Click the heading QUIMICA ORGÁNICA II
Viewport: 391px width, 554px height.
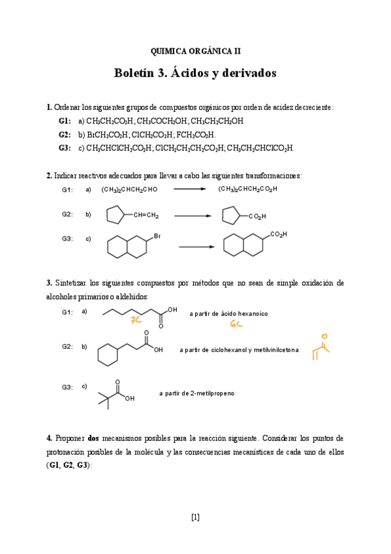pos(195,50)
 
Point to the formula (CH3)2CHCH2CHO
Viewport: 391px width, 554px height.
pos(129,189)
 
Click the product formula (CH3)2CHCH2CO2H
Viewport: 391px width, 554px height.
pos(247,189)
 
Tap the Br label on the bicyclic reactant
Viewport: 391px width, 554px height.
pos(157,235)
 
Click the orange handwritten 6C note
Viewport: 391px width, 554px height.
pos(236,324)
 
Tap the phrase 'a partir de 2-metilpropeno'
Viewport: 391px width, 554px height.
pos(196,393)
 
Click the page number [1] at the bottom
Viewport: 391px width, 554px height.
pos(195,517)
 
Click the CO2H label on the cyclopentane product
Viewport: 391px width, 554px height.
pos(257,216)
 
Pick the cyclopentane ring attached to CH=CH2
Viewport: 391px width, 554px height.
pos(116,215)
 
